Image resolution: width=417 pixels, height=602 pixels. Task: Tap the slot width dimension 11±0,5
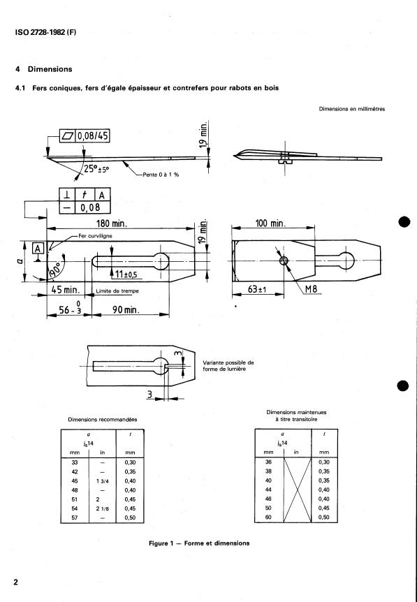click(128, 274)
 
